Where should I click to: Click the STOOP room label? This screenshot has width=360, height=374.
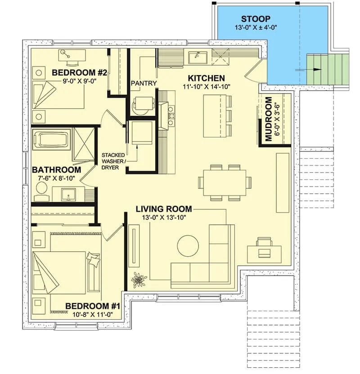[x=256, y=19]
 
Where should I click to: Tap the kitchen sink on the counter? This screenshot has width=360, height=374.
[x=198, y=58]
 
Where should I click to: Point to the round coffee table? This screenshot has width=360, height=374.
[x=188, y=246]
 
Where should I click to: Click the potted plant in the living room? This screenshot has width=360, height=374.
[x=139, y=279]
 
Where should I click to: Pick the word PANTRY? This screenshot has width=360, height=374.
[x=144, y=83]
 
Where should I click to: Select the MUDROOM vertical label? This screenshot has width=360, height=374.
[x=269, y=119]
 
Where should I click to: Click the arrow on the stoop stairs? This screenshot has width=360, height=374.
[x=308, y=70]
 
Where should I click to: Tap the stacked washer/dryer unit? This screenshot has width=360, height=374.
[x=140, y=133]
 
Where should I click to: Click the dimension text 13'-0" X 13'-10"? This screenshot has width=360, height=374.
[x=164, y=217]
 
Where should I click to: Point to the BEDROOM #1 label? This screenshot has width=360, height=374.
[x=93, y=306]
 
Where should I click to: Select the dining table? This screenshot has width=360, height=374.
[x=225, y=183]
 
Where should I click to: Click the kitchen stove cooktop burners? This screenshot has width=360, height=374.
[x=171, y=116]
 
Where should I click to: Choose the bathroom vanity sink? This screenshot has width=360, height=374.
[x=68, y=194]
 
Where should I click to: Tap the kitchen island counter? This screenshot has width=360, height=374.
[x=215, y=116]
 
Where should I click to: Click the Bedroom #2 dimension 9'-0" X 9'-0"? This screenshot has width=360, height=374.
[x=79, y=81]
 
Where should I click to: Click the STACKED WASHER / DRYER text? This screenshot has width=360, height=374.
[x=113, y=161]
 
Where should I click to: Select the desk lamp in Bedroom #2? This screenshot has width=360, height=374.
[x=65, y=53]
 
